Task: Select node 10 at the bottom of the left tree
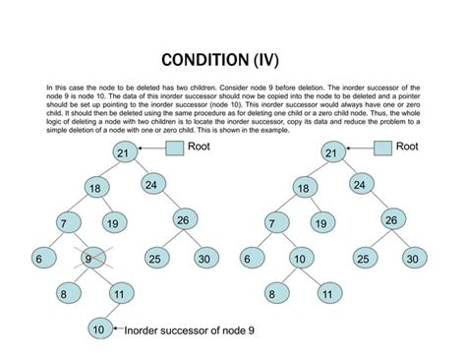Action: coord(98,328)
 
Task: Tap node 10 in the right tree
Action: coord(298,259)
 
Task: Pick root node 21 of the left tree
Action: coord(123,152)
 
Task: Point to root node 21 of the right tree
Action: coord(331,152)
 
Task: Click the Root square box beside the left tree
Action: coord(174,149)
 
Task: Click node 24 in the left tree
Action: coord(152,184)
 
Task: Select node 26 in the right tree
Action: coord(390,220)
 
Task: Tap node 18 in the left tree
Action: coord(95,188)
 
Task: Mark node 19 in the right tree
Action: coord(320,223)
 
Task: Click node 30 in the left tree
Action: coord(204,259)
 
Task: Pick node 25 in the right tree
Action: coord(364,259)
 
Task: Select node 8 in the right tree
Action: coord(271,293)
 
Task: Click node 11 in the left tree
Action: coord(118,293)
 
